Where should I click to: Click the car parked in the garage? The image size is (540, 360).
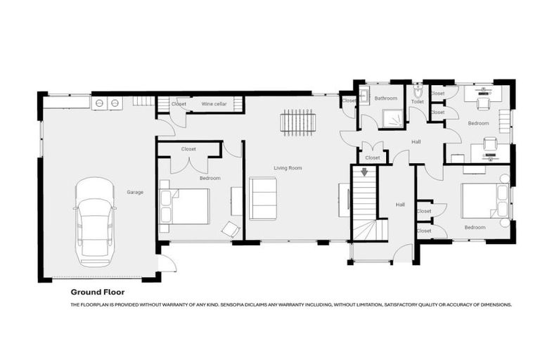pyautogui.click(x=95, y=221)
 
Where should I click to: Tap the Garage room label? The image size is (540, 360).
pyautogui.click(x=135, y=191)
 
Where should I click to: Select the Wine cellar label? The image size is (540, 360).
pyautogui.click(x=214, y=104)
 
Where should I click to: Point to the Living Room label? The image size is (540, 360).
pyautogui.click(x=288, y=168)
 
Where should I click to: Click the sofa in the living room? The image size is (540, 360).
pyautogui.click(x=263, y=198)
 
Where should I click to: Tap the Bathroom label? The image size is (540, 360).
pyautogui.click(x=385, y=98)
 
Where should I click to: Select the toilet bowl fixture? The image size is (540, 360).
pyautogui.click(x=417, y=91)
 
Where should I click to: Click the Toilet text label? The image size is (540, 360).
pyautogui.click(x=418, y=102)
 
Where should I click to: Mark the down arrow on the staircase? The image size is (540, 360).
pyautogui.click(x=364, y=172)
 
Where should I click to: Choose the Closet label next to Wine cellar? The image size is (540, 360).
pyautogui.click(x=179, y=104)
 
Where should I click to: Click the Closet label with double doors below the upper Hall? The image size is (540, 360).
pyautogui.click(x=372, y=157)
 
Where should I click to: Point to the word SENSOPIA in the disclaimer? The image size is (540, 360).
pyautogui.click(x=236, y=305)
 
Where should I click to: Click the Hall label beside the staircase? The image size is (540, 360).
pyautogui.click(x=400, y=205)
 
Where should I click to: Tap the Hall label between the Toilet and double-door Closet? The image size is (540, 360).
pyautogui.click(x=416, y=142)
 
